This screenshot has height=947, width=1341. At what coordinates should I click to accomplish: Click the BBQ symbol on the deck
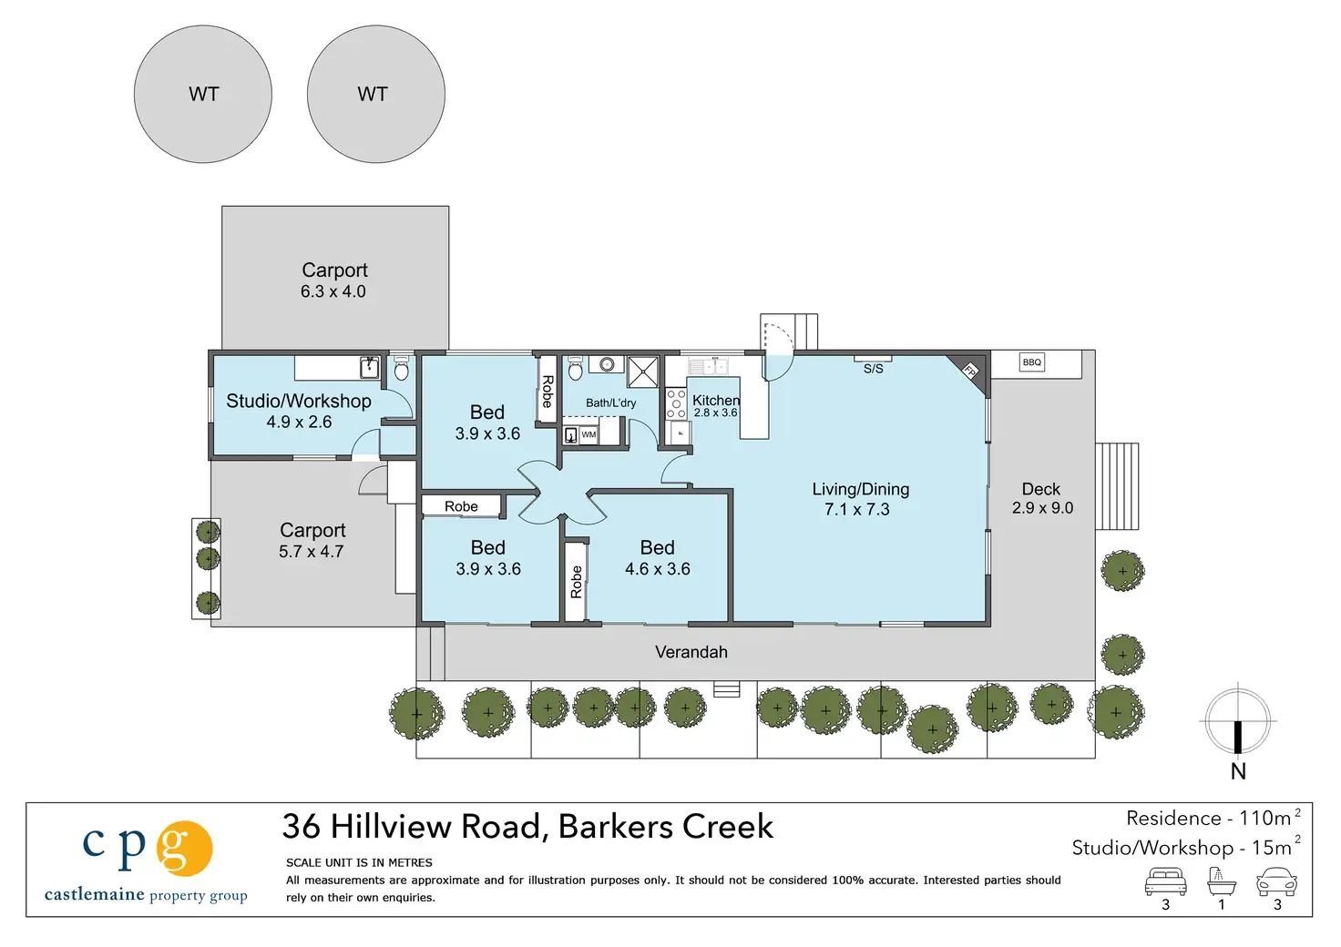point(1031,361)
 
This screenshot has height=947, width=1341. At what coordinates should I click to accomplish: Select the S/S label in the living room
point(873,369)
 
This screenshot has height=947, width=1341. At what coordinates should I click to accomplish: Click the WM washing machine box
point(589,434)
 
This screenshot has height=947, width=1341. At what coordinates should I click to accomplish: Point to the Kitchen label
point(716,401)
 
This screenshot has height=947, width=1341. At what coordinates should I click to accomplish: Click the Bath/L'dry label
point(610,402)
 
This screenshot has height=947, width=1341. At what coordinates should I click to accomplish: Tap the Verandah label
point(691,651)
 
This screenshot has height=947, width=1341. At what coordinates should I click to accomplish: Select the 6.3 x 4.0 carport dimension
point(333,291)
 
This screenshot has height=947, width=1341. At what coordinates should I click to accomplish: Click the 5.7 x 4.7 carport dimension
point(312,551)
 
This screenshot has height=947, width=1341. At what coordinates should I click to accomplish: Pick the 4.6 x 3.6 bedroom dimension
point(658,568)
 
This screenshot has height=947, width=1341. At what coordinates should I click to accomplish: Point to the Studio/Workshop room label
point(299,401)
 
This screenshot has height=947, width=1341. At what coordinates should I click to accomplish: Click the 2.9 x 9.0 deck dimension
point(1042,508)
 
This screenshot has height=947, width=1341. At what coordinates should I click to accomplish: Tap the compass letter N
point(1238,772)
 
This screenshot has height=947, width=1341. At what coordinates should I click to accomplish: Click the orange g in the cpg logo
point(184,849)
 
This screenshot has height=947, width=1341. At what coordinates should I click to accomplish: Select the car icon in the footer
point(1276,882)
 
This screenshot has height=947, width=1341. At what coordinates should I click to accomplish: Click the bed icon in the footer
point(1165,882)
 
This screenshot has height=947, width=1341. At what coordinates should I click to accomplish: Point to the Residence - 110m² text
point(1213,819)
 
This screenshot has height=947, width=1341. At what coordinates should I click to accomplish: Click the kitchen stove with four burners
point(676,403)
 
